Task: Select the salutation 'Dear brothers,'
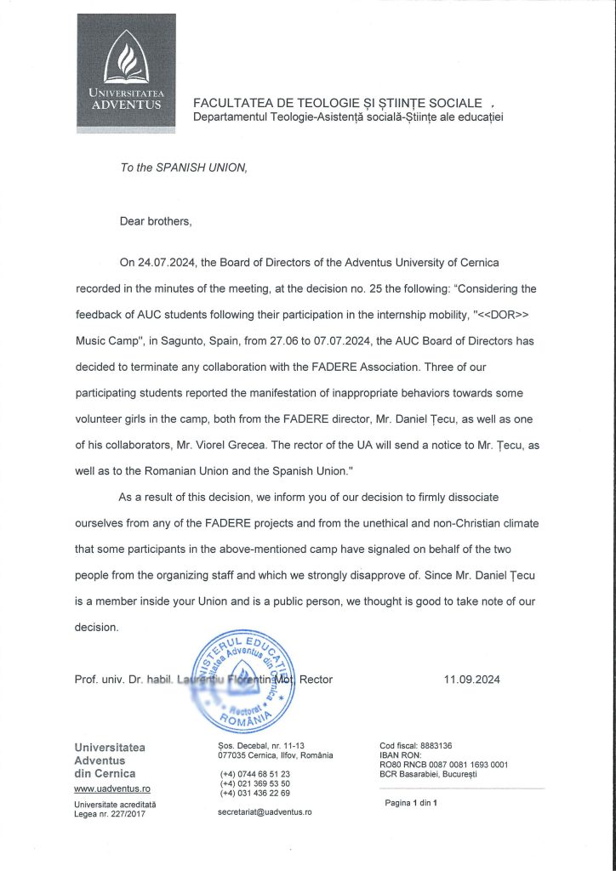coord(156,221)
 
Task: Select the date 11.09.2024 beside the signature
coord(472,679)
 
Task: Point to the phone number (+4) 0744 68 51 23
coord(254,774)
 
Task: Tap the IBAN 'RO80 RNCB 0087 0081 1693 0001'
coord(443,764)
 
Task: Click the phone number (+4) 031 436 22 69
coord(254,793)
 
